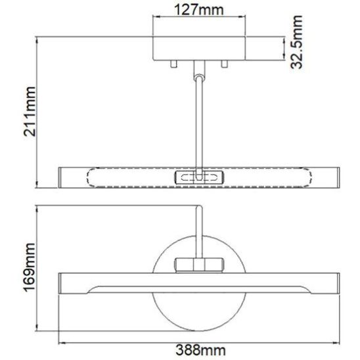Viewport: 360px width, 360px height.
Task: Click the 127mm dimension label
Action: [x=199, y=10]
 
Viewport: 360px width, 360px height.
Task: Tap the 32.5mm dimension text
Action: [x=296, y=42]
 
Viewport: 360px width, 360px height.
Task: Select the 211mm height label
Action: [x=30, y=112]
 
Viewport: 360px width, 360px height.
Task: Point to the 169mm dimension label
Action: [x=30, y=267]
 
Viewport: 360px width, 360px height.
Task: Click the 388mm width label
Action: [x=200, y=350]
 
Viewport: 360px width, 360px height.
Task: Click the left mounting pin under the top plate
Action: [x=174, y=64]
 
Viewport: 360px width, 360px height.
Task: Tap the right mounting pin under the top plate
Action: [x=224, y=64]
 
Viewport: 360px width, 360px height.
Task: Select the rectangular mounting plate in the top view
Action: [x=199, y=48]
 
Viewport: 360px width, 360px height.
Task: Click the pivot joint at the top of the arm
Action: [x=199, y=78]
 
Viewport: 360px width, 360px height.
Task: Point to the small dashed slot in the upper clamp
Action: [x=199, y=178]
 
